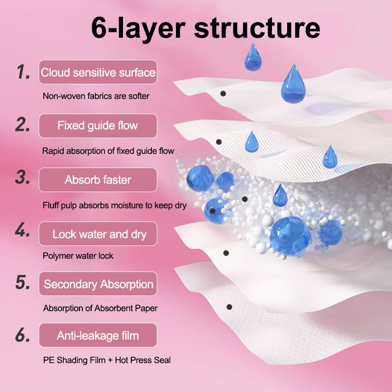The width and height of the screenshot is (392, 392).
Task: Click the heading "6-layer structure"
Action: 205,27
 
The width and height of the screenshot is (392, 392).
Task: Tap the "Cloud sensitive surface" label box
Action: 98,73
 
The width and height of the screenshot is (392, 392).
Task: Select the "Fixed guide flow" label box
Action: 98,126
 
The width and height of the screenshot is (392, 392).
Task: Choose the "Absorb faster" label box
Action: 98,180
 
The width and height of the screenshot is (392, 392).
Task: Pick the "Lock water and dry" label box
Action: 98,234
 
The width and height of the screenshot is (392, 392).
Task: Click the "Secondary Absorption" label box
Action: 98,284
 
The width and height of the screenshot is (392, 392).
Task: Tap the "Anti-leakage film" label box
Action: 98,336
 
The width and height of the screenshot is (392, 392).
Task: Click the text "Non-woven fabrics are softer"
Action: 96,97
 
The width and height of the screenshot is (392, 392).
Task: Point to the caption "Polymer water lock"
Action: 78,256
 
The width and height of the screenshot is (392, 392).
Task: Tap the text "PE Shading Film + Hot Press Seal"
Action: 107,361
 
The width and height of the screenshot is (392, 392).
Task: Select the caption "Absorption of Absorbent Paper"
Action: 100,309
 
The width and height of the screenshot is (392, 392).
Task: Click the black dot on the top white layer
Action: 223,93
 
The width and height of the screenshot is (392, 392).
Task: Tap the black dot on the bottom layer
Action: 229,307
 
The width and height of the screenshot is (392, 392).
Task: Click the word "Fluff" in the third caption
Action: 51,205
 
